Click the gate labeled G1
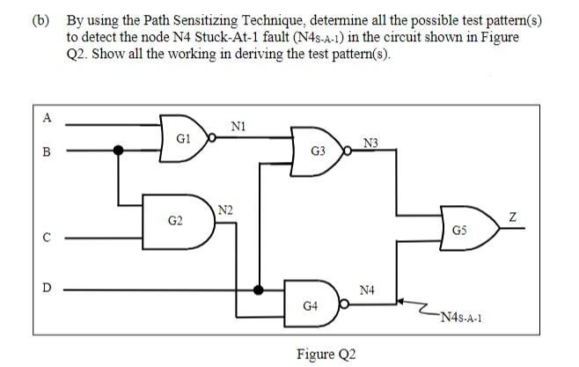(x=183, y=138)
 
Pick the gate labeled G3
(x=319, y=150)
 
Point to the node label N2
(x=225, y=209)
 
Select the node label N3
(x=370, y=143)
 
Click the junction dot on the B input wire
(x=121, y=150)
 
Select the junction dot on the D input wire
(x=258, y=288)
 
